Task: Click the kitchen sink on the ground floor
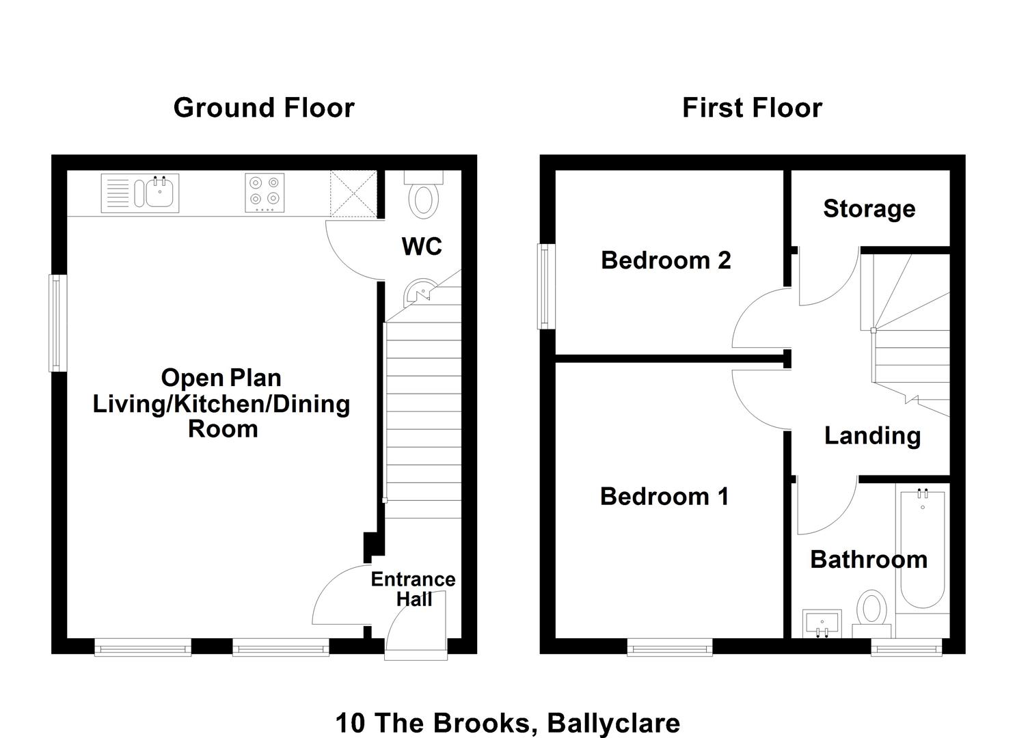(x=140, y=193)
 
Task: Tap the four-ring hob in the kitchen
(x=265, y=193)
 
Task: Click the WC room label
(x=422, y=247)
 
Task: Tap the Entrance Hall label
(x=414, y=589)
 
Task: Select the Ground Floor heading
(x=264, y=108)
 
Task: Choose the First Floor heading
(x=752, y=108)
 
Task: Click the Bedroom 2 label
(x=666, y=260)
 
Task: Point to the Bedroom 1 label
(x=664, y=497)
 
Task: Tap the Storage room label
(x=869, y=209)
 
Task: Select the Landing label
(x=872, y=436)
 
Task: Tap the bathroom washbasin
(x=822, y=623)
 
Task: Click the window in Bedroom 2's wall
(x=547, y=286)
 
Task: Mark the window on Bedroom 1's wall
(x=670, y=647)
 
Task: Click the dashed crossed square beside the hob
(x=353, y=193)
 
